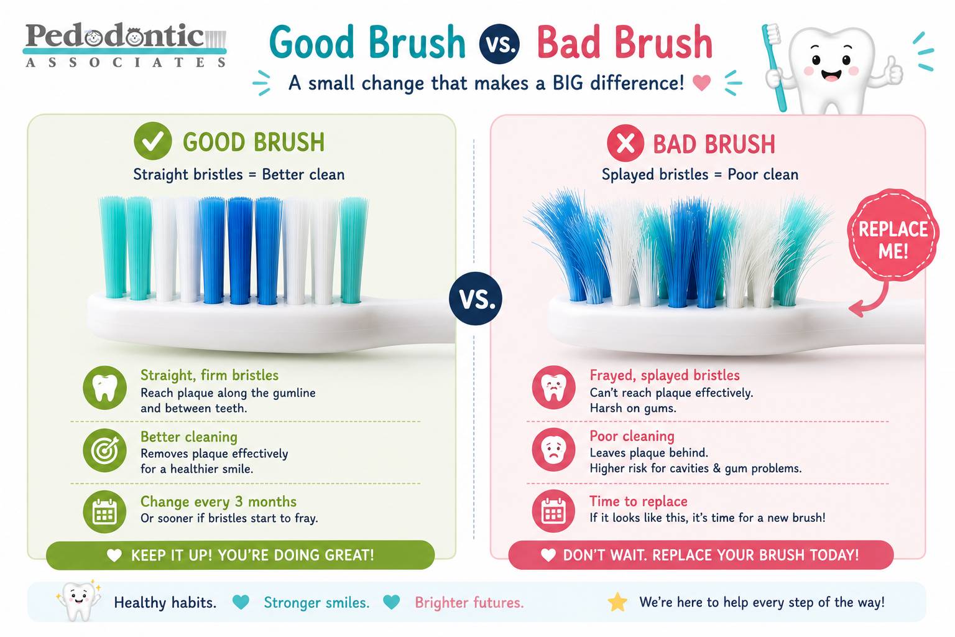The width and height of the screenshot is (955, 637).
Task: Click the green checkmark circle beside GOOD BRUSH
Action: [152, 141]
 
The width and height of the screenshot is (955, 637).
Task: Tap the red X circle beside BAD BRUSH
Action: [625, 143]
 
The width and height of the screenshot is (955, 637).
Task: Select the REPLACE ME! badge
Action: [893, 235]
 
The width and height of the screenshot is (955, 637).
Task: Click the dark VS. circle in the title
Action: [500, 44]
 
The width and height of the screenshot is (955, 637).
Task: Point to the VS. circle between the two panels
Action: [476, 298]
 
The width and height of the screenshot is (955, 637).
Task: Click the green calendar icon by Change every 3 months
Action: [104, 511]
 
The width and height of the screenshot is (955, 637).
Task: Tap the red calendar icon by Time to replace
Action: [553, 511]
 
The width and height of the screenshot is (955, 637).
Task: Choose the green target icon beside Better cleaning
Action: [104, 450]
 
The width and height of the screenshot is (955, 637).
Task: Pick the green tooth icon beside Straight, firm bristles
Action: [104, 388]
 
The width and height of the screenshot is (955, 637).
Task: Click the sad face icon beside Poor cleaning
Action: [553, 450]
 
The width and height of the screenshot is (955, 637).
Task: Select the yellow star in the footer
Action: [617, 602]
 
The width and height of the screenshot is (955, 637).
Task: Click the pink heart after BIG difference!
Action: [701, 82]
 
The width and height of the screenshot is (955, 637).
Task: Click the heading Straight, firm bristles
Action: [210, 375]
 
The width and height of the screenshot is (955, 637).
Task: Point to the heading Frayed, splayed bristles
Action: [664, 375]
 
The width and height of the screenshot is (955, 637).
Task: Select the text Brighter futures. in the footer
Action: [469, 602]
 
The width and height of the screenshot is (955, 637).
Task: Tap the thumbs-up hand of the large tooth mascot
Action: [892, 71]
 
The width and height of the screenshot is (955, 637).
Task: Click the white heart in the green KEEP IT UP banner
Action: [114, 555]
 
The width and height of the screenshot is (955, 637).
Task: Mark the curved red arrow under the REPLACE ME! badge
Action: [879, 302]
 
